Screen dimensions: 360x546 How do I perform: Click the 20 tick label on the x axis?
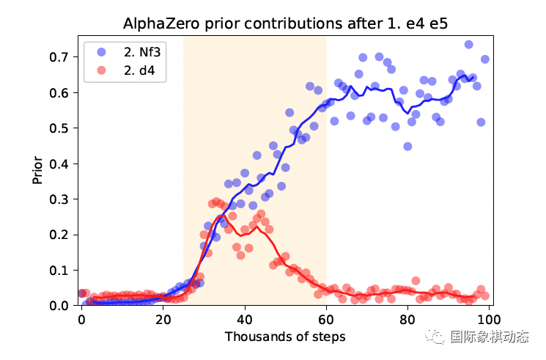163,320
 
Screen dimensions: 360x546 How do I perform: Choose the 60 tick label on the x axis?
326,320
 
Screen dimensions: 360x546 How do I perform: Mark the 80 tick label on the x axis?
407,320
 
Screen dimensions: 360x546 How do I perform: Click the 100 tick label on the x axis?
489,320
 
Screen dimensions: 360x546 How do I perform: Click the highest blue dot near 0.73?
468,45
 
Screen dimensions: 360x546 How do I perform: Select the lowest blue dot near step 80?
407,146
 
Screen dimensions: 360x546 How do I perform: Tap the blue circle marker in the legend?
100,52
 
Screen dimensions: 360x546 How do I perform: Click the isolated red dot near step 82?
416,281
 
